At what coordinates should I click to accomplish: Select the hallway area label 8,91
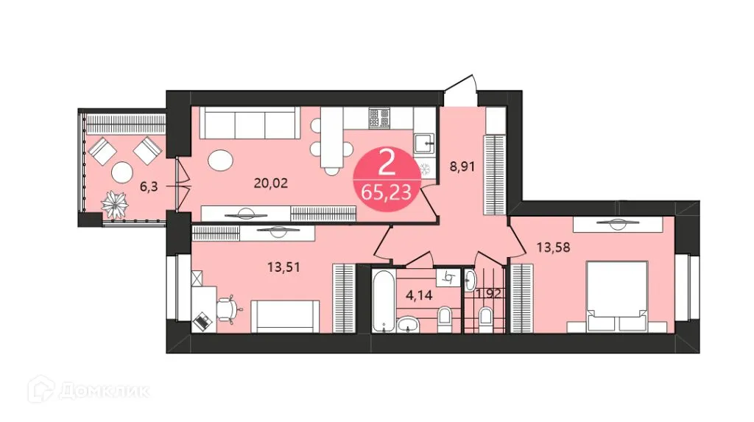click(x=462, y=166)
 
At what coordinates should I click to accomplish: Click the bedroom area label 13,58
click(x=555, y=247)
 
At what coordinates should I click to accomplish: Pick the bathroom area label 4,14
click(x=420, y=298)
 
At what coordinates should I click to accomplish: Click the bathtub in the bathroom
click(x=383, y=300)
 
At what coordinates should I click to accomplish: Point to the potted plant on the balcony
click(x=114, y=203)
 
